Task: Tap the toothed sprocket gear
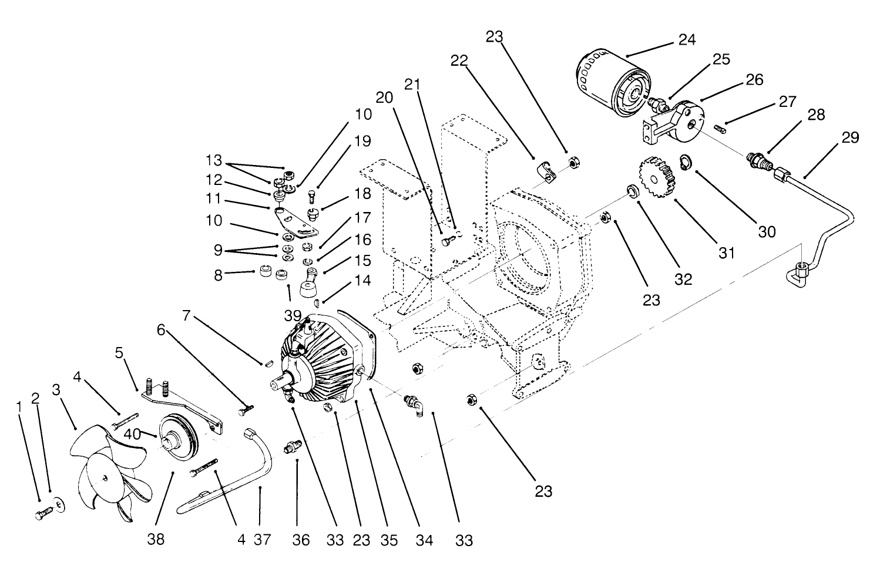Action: click(657, 178)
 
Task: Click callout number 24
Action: click(687, 40)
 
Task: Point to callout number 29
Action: click(850, 137)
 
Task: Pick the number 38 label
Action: click(156, 539)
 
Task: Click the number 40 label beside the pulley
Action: click(132, 434)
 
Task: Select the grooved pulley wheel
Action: click(177, 437)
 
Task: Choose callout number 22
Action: click(459, 60)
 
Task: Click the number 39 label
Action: click(293, 316)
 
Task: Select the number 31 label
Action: click(727, 253)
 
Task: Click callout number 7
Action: click(187, 316)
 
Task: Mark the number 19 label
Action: click(362, 141)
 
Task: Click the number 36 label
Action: click(301, 540)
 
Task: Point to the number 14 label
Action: click(362, 280)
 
